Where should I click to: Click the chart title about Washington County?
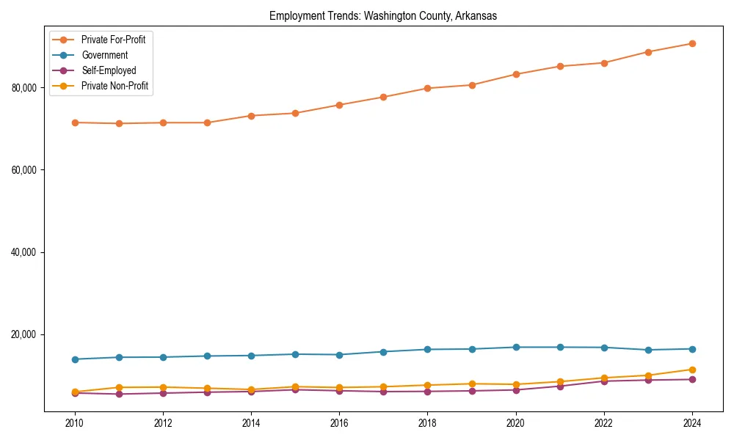coord(383,16)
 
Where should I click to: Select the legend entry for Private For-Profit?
coord(113,40)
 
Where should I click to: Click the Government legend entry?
coord(104,55)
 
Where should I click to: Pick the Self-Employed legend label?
coord(109,70)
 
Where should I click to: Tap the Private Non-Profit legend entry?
coord(115,86)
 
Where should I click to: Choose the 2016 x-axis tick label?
coord(339,423)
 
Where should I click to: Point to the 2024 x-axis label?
coord(692,423)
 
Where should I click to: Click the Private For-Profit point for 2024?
coord(692,43)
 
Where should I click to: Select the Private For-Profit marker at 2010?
coord(74,122)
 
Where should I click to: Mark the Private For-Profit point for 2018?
coord(427,88)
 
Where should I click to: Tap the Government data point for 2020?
coord(516,347)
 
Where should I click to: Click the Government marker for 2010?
coord(74,359)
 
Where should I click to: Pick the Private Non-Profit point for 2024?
coord(692,370)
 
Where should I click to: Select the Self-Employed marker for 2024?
coord(692,379)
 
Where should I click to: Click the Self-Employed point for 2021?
coord(560,386)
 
